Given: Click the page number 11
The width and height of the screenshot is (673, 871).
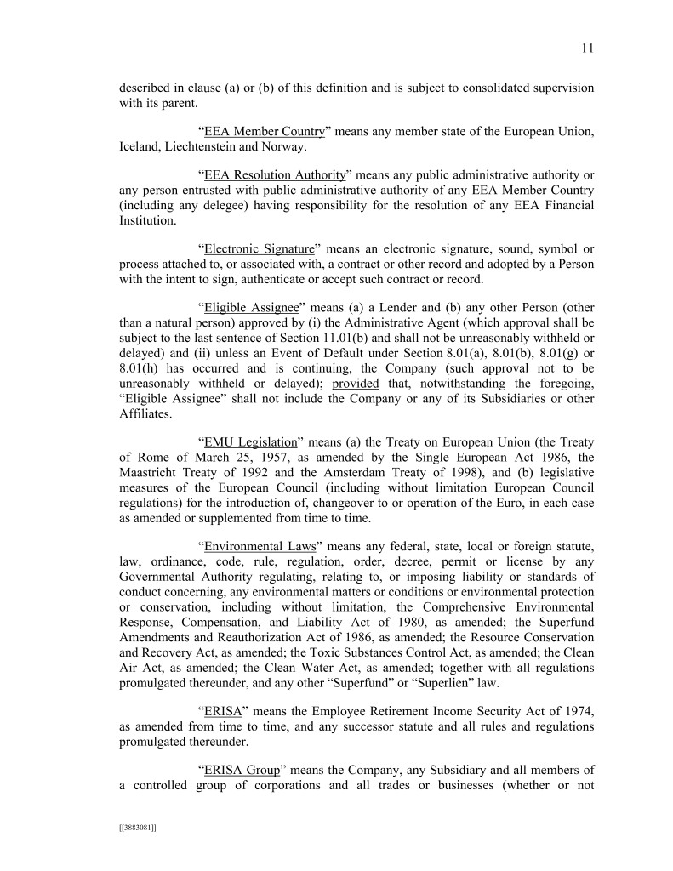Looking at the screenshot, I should (x=587, y=48).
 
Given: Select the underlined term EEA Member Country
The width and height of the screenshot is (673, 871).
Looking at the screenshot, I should (x=265, y=132).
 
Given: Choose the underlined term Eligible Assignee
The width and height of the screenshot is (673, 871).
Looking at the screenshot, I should (x=250, y=306).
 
